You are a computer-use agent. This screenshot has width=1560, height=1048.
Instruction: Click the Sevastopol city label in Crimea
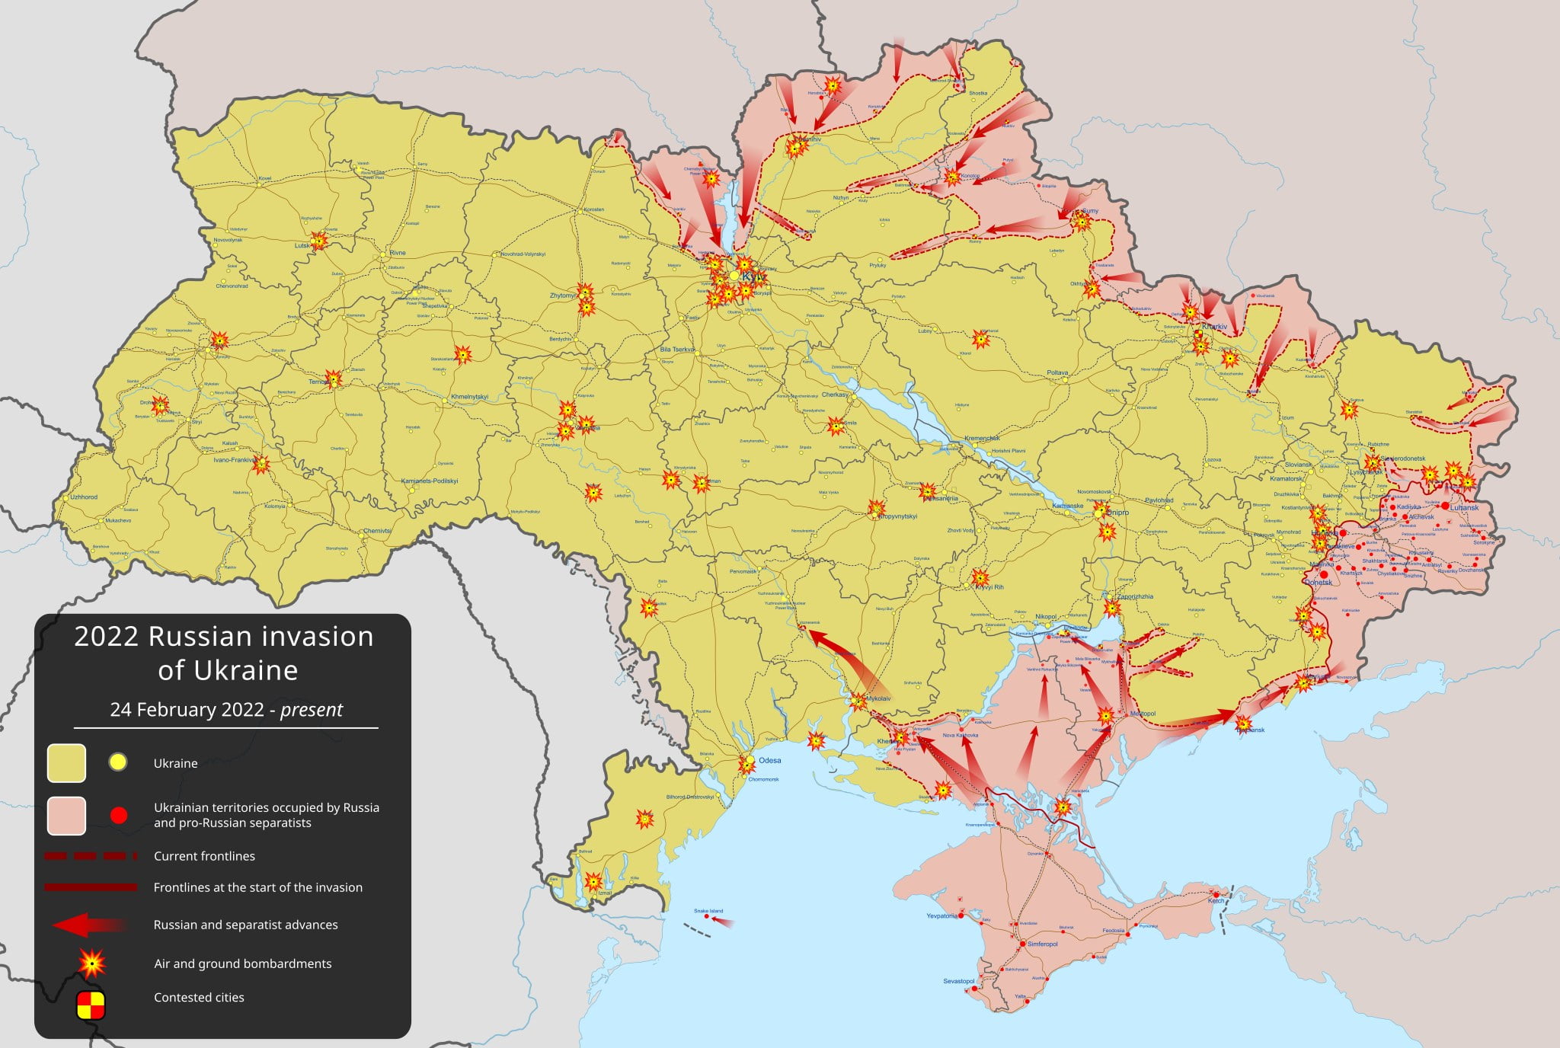coord(958,981)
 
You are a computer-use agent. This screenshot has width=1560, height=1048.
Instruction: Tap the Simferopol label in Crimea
coord(1043,944)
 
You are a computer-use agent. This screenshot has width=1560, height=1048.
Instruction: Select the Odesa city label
coord(769,760)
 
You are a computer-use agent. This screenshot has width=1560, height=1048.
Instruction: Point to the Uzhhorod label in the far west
coord(84,497)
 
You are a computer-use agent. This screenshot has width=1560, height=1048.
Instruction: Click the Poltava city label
coord(1057,372)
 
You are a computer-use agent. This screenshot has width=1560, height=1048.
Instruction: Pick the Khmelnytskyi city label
coord(469,397)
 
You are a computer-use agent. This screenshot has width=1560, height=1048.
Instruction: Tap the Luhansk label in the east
coord(1464,507)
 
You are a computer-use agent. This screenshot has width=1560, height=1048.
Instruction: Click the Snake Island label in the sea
coord(708,911)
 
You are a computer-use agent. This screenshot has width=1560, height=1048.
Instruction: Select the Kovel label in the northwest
coord(265,178)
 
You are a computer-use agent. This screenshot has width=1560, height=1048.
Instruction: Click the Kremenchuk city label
coord(982,438)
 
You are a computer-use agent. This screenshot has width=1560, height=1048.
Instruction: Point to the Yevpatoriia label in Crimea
coord(941,915)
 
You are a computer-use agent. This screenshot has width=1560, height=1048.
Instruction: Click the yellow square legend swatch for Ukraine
coord(66,763)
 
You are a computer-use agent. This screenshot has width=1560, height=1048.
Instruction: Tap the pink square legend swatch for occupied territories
coord(66,816)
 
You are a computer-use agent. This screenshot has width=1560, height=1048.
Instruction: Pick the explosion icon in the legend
coord(92,963)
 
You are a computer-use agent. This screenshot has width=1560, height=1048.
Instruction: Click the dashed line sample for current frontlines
coord(91,856)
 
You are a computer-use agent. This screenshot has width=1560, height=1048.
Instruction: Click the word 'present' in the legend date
coord(312,710)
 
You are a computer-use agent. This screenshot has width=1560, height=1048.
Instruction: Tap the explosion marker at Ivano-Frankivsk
coord(261,464)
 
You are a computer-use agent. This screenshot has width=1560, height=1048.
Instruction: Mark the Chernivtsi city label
coord(377,531)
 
